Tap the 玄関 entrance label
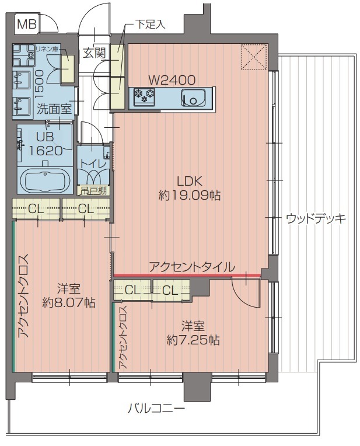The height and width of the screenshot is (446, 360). click(93, 53)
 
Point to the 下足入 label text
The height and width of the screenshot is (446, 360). click(151, 25)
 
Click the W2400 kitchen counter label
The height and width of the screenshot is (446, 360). click(172, 80)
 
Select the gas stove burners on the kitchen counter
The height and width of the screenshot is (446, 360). click(144, 96)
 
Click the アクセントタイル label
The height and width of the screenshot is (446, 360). click(192, 267)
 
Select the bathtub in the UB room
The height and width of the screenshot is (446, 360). click(46, 180)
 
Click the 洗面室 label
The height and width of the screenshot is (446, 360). click(54, 108)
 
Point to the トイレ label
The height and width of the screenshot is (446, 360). click(93, 164)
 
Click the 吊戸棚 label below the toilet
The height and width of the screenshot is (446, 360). click(93, 190)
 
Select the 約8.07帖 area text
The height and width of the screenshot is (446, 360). click(69, 303)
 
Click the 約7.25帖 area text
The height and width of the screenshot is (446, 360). click(193, 340)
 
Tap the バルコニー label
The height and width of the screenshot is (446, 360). click(156, 409)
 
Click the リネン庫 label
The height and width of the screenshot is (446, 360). click(47, 49)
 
